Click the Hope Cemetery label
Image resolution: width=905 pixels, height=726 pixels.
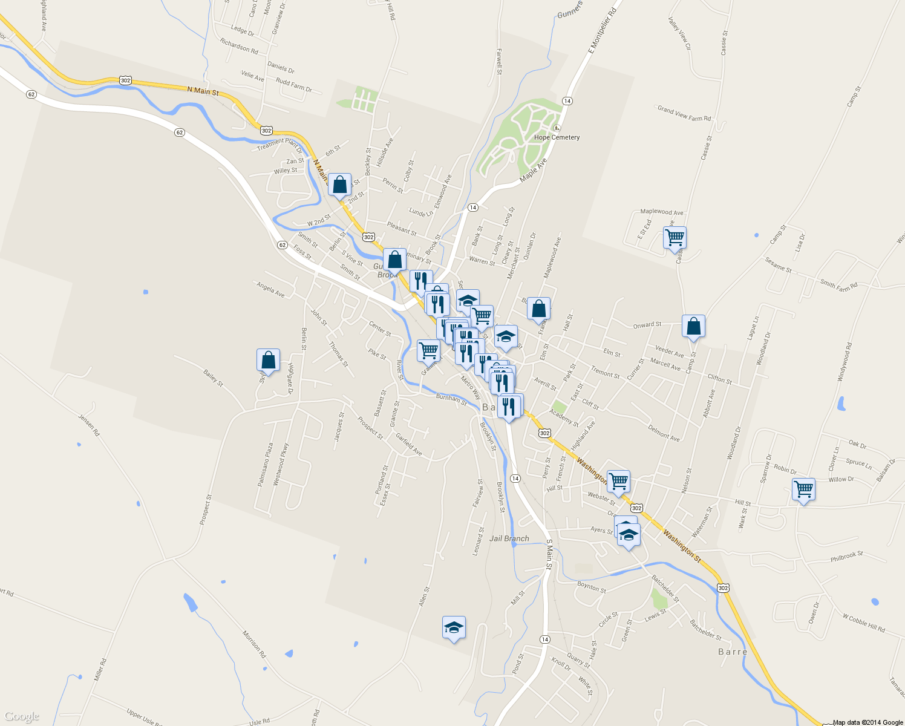coord(557,137)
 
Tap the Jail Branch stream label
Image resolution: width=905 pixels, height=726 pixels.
coord(509,538)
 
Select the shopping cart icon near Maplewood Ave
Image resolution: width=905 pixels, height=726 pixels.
coord(674,237)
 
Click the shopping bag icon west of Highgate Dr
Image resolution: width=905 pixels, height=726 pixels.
coord(268,360)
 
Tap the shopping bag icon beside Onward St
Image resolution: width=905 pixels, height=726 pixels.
coord(693,326)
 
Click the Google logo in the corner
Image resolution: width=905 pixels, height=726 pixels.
coord(21,716)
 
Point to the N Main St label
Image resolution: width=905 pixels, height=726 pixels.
coord(203,91)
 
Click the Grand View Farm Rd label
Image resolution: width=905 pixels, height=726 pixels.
coord(684,114)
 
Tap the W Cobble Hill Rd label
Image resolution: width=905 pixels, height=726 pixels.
coord(864,623)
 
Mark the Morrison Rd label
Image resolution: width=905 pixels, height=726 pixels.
coord(254,644)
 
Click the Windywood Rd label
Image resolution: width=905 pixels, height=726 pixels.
coord(845,362)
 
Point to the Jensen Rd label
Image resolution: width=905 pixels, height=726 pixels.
coord(88,425)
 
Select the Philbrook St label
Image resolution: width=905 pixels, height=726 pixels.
coord(847,556)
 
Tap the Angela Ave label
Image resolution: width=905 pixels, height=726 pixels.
coord(270,290)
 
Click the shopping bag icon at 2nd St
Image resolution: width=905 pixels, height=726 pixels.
coord(339,185)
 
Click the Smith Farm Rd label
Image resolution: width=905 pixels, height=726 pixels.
coord(838,284)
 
